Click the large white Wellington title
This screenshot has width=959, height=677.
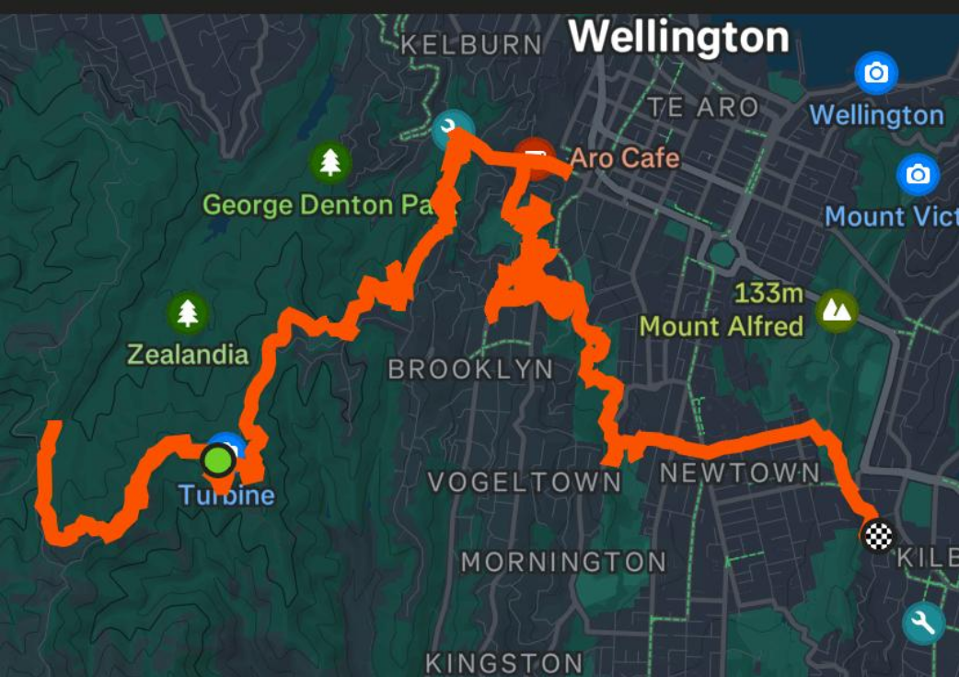(x=679, y=38)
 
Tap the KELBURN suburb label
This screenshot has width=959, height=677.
(x=471, y=44)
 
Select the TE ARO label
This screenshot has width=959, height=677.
(x=703, y=107)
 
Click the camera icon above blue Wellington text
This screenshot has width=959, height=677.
(x=876, y=73)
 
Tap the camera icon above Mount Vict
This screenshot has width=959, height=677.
(x=918, y=174)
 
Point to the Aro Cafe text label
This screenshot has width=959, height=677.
(x=624, y=158)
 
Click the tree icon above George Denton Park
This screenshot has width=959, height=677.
(x=329, y=163)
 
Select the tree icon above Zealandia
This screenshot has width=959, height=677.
(x=188, y=313)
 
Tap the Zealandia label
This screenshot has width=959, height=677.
(x=188, y=355)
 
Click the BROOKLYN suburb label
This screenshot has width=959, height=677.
(x=470, y=370)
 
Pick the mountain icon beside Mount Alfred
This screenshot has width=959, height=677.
(x=837, y=310)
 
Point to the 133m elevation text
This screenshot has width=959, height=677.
(x=769, y=295)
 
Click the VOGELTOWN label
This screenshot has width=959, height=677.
(x=525, y=482)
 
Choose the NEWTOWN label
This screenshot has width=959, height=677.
(x=740, y=473)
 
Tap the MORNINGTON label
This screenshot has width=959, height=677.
(x=563, y=562)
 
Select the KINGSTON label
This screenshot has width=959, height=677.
(x=503, y=662)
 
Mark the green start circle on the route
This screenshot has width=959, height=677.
(x=218, y=458)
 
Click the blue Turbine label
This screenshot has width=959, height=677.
(x=226, y=496)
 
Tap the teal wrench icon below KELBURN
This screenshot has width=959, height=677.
(x=451, y=130)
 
